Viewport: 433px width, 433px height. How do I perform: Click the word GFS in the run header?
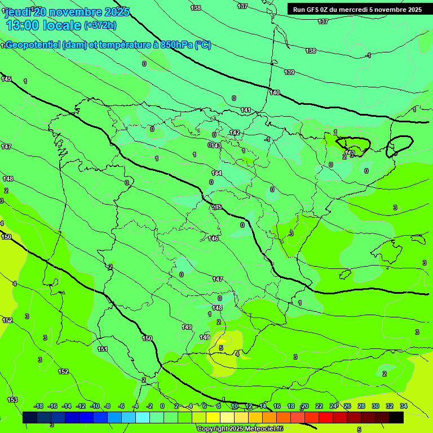[313, 9]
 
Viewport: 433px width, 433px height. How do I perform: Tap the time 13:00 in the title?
[23, 25]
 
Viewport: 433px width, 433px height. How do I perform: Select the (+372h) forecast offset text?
[100, 25]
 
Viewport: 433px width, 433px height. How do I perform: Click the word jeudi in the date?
[18, 11]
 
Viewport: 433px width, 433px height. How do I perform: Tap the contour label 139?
[289, 72]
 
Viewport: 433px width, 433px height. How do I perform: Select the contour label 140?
[275, 92]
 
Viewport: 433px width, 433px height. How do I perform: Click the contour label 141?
[246, 110]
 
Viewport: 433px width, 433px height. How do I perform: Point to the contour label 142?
[235, 132]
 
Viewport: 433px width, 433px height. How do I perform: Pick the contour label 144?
[216, 173]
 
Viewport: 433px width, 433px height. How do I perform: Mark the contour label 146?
[213, 238]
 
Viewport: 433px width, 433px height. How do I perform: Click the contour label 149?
[187, 327]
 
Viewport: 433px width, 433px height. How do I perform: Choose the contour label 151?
[103, 349]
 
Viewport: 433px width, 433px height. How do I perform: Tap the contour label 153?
[12, 399]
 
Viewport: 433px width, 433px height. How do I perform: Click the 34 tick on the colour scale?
[404, 406]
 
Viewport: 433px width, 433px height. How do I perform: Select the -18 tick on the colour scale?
[38, 406]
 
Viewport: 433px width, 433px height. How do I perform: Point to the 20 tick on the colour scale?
[305, 406]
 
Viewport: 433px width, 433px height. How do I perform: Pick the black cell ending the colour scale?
[396, 417]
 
